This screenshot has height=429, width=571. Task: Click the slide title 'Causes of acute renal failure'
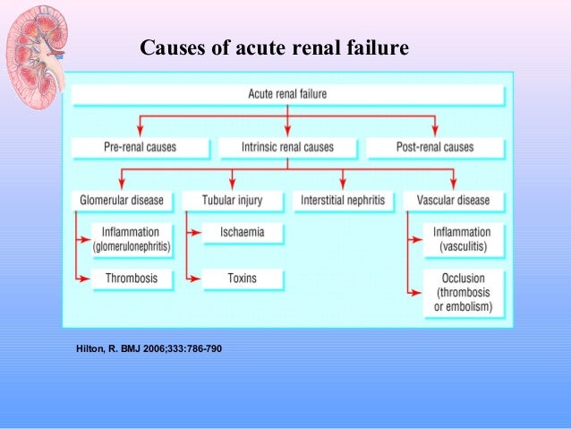click(x=274, y=47)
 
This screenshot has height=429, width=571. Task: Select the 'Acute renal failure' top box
click(x=286, y=93)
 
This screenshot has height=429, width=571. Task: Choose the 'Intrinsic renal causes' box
click(x=286, y=146)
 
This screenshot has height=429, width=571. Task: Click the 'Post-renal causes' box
click(x=434, y=146)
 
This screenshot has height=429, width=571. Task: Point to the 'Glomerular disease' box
click(x=124, y=201)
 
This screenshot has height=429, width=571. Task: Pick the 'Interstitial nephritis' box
click(x=343, y=201)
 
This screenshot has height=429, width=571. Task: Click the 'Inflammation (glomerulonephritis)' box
click(x=132, y=239)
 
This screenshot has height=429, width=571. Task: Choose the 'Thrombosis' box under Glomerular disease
click(x=132, y=279)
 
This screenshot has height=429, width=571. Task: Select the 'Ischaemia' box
click(x=242, y=233)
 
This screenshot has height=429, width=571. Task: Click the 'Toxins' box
click(x=242, y=279)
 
